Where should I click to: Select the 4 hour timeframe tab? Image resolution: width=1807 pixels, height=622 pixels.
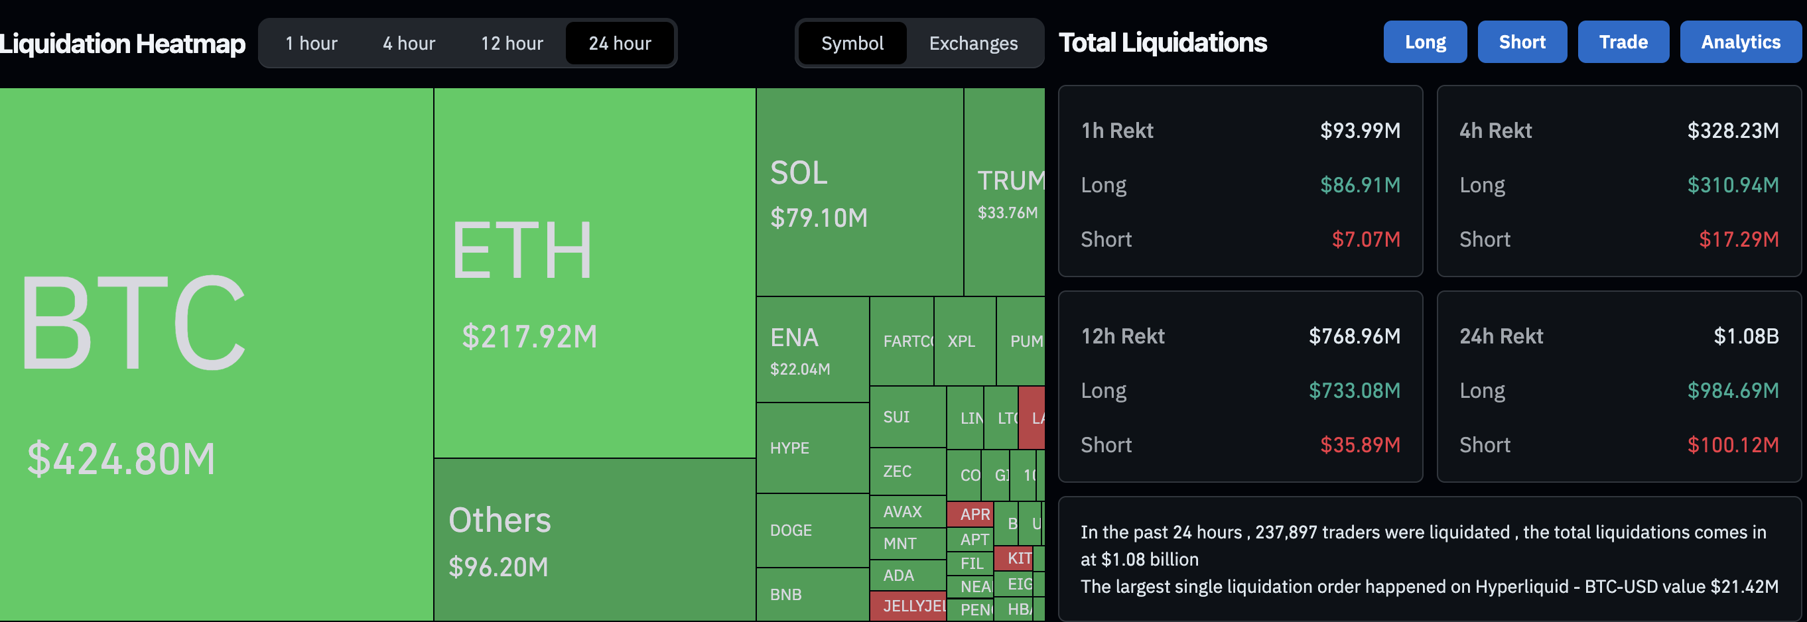coord(409,44)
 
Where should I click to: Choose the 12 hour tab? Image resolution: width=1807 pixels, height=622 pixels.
coord(511,44)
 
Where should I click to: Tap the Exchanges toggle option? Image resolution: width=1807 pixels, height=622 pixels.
coord(973,44)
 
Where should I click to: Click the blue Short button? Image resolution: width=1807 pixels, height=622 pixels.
coord(1522,42)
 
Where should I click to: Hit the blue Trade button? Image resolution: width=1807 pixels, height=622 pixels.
coord(1623,42)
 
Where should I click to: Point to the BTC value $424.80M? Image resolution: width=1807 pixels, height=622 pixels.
coord(121,460)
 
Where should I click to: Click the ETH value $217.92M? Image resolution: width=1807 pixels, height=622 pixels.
coord(529,337)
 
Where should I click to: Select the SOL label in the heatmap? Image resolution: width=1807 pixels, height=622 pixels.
coord(798,173)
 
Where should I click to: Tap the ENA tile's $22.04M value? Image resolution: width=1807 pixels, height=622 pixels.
coord(799,369)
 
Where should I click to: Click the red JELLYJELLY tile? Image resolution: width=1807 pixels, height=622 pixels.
coord(907,606)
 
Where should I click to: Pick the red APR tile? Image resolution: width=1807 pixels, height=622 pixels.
coord(970,514)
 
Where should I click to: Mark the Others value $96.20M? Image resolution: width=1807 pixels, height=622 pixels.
coord(498,566)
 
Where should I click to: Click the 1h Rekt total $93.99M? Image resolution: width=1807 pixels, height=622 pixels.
coord(1359,131)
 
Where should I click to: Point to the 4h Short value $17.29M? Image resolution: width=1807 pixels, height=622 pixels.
coord(1738,239)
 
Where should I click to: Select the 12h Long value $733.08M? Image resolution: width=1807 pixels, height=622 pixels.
coord(1354,391)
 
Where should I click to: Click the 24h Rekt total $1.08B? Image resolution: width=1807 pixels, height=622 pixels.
coord(1745,336)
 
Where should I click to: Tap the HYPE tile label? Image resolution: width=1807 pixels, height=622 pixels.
coord(789,448)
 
